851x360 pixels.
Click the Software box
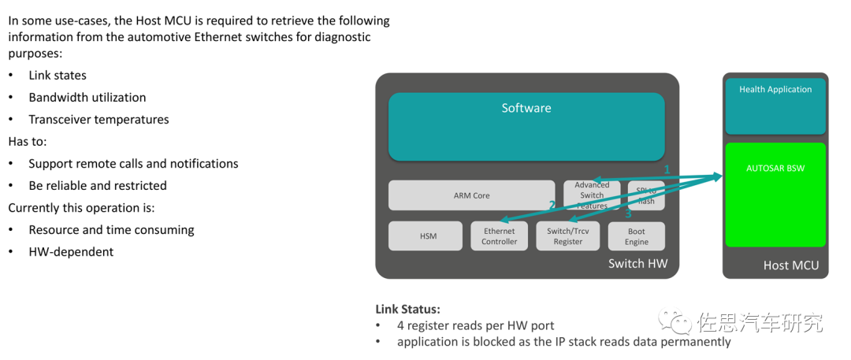coord(526,126)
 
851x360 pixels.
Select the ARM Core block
coord(471,195)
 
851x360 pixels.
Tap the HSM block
coord(425,236)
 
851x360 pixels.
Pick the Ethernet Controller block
coord(500,236)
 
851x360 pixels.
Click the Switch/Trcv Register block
coord(567,236)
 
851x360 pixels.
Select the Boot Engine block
coord(637,236)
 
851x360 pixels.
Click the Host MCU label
coord(791,265)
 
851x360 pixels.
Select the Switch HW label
coord(637,264)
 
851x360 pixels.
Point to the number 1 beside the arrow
coord(667,169)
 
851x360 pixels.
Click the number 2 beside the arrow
coord(552,205)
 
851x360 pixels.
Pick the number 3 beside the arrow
coord(628,213)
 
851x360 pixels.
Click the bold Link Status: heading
coord(408,309)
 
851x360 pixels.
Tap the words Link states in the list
coord(58,76)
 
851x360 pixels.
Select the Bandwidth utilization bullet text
coord(87,98)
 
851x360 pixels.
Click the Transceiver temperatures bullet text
coord(98,120)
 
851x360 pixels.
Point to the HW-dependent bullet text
coord(71,252)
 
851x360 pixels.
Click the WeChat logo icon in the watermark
coord(676,321)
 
